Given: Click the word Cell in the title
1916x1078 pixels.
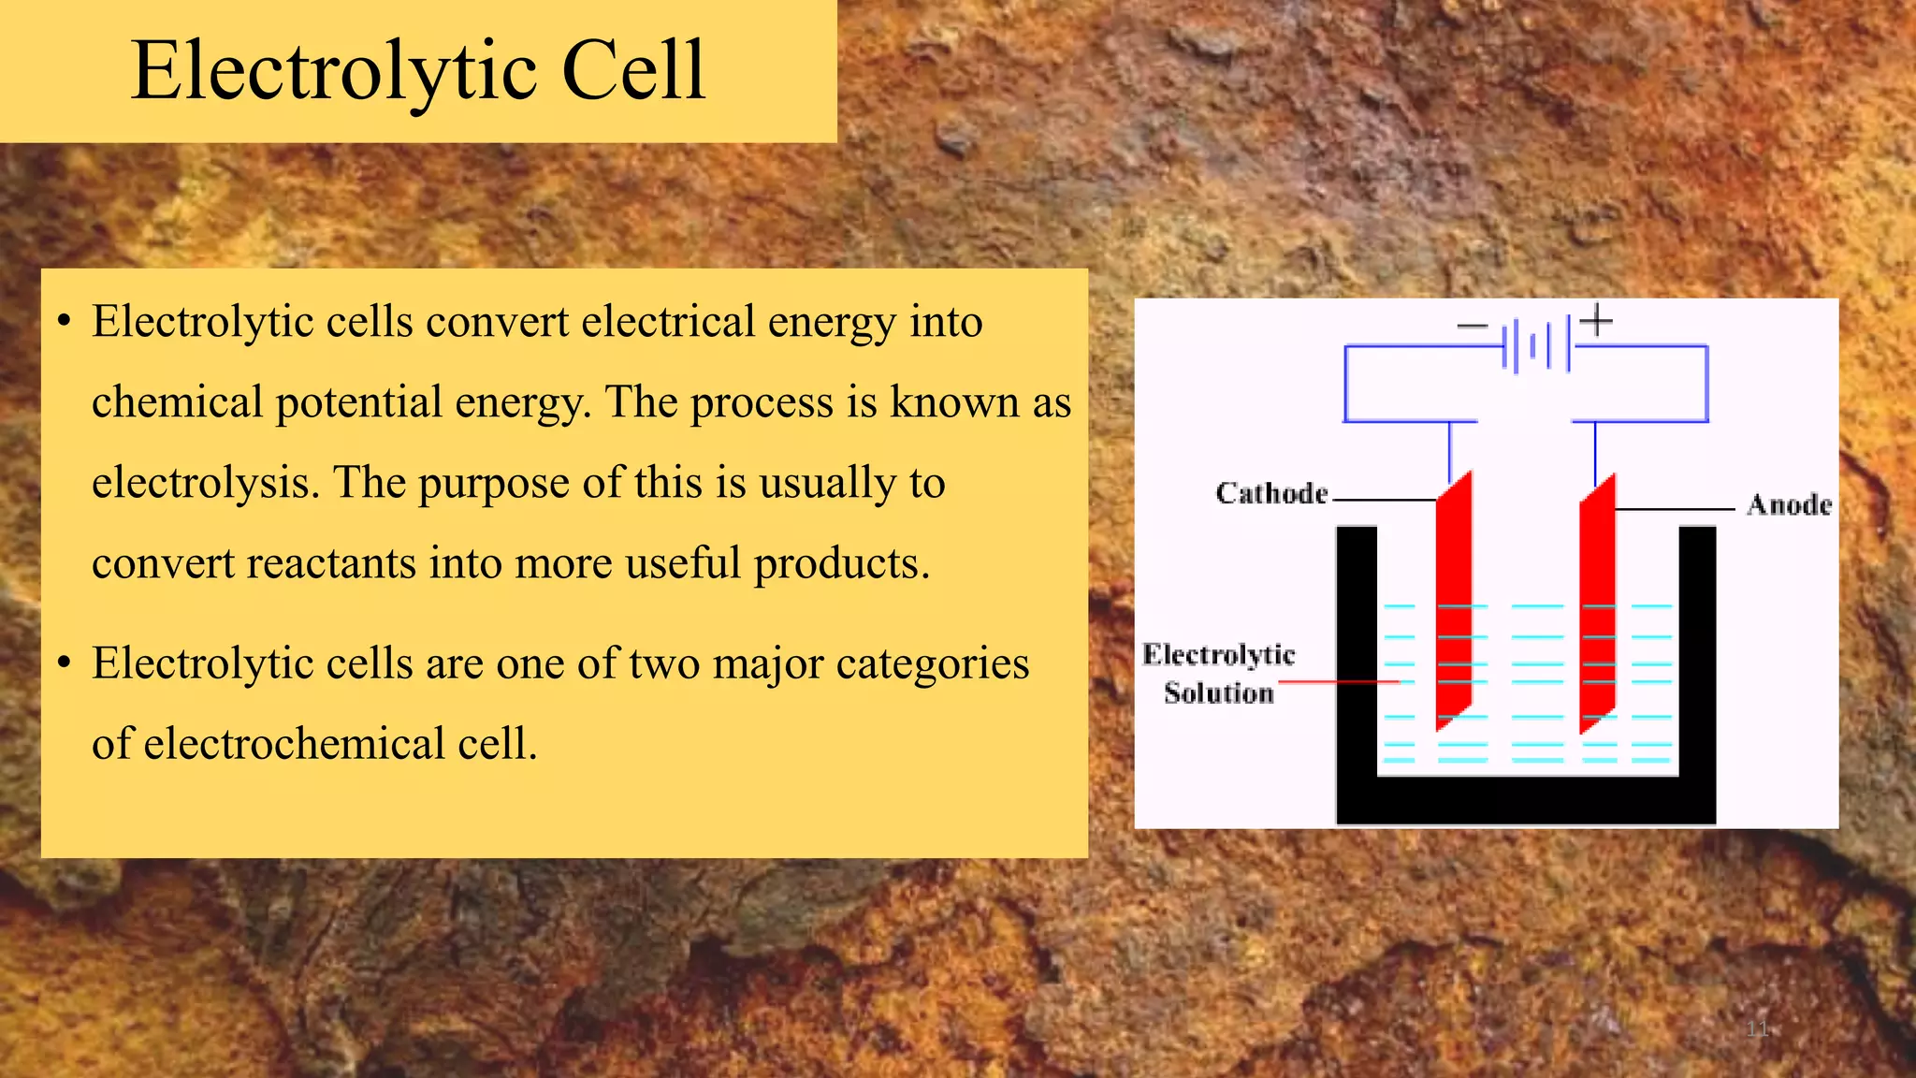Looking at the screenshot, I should [x=633, y=71].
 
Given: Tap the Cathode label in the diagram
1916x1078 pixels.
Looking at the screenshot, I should [x=1271, y=493].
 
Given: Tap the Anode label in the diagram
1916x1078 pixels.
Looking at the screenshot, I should [x=1789, y=505].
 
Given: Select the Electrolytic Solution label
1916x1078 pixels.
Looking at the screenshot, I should [x=1218, y=674].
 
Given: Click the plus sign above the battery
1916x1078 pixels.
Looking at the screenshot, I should [x=1596, y=320].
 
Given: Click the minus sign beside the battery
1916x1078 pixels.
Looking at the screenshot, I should [x=1472, y=326].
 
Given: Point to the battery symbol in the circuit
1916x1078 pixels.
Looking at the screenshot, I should [x=1536, y=346].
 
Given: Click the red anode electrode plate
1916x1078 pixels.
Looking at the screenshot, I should [x=1597, y=604].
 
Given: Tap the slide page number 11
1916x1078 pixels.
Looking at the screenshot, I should [x=1757, y=1029].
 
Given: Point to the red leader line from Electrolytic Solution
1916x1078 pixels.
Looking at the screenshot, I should [x=1338, y=682].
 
